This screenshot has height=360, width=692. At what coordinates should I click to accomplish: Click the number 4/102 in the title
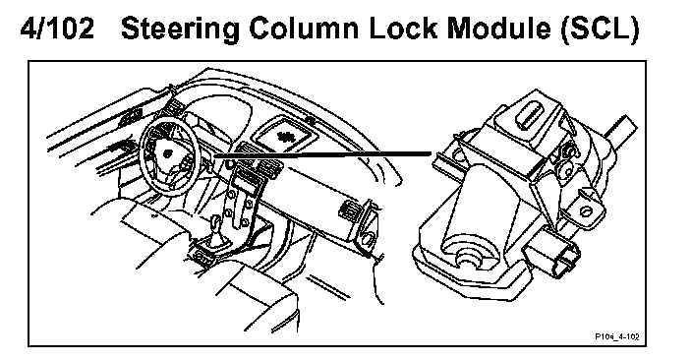[x=57, y=29]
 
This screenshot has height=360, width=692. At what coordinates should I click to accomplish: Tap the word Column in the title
[x=304, y=29]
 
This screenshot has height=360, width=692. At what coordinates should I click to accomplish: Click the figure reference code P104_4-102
[x=617, y=337]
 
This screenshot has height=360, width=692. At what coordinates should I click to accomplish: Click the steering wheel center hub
[x=168, y=153]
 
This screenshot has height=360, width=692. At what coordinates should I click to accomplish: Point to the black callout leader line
[x=321, y=154]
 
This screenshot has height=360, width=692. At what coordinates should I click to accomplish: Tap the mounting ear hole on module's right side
[x=585, y=210]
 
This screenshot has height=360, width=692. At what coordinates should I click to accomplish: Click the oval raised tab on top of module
[x=530, y=114]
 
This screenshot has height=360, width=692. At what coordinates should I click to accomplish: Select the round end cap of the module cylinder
[x=469, y=255]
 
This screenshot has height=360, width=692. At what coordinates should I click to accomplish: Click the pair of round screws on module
[x=567, y=160]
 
